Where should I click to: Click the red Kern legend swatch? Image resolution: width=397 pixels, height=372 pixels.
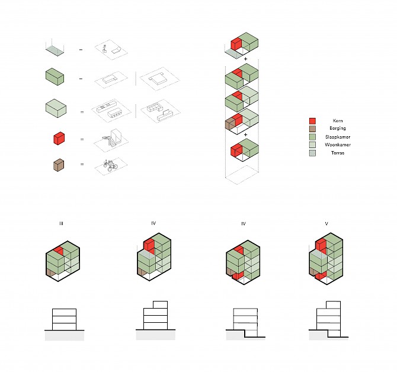(x=312, y=121)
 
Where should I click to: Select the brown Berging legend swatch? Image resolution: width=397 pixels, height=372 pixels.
(x=312, y=129)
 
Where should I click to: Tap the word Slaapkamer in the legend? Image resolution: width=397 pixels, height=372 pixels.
(x=338, y=137)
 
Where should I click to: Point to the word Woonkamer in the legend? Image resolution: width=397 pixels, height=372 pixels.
(x=338, y=145)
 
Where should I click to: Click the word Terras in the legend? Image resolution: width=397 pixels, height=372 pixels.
(x=338, y=153)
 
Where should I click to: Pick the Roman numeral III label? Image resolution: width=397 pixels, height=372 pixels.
(x=61, y=223)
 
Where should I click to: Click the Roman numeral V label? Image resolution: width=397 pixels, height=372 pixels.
(x=326, y=223)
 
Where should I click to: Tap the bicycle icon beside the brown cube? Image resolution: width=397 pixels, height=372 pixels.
(x=111, y=165)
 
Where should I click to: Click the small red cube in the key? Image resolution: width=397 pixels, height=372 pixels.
(x=59, y=138)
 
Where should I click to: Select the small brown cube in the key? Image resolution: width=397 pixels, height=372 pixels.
(x=59, y=165)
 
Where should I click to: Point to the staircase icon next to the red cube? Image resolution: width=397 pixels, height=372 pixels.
(x=113, y=138)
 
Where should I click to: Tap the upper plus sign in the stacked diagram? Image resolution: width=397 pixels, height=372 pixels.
(x=245, y=59)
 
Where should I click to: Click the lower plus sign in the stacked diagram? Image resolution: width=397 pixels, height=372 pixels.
(x=245, y=135)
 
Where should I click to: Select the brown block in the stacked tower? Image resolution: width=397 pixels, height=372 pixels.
(x=230, y=124)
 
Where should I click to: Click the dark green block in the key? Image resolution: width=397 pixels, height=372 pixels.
(x=55, y=76)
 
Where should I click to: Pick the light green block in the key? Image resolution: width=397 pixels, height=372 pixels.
(x=56, y=108)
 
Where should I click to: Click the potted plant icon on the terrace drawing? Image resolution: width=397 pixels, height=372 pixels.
(x=104, y=49)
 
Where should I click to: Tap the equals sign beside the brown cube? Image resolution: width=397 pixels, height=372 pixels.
(x=82, y=164)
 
